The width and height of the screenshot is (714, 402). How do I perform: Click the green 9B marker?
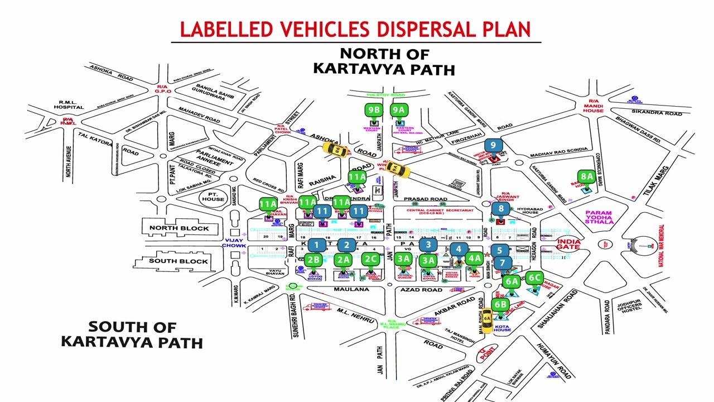pos(373,110)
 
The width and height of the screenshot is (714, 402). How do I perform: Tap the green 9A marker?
pos(398,110)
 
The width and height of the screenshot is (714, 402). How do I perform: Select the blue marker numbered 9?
pos(493,146)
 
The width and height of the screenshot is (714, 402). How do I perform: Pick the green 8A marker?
pos(586,177)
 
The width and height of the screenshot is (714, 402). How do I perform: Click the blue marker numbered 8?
pos(501,209)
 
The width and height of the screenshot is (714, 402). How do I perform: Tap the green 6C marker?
pos(534,278)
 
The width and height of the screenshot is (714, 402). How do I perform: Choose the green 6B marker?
pos(500,305)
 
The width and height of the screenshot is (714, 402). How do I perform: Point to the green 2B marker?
pos(313,259)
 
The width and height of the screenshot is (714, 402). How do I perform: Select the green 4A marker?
pos(474,259)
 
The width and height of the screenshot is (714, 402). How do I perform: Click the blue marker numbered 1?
pos(316,245)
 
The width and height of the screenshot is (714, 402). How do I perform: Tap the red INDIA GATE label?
pos(568,244)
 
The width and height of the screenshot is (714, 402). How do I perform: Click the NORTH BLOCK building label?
pos(179,228)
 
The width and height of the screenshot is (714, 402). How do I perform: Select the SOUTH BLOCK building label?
pos(178,261)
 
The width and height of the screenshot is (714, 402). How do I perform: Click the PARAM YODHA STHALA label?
pos(599,217)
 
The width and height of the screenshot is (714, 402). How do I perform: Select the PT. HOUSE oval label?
pos(213,197)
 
